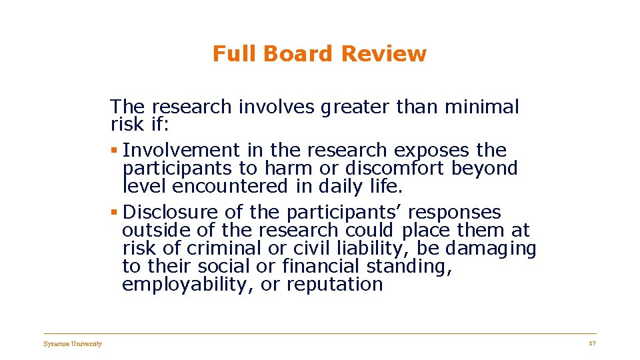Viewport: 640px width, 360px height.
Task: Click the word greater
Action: coord(356,107)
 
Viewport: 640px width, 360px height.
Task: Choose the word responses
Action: coord(454,213)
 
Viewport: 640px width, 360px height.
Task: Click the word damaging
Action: coord(490,249)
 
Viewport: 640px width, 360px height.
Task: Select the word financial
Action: coord(322,267)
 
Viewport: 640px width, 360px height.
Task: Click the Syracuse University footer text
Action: coord(73,344)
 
